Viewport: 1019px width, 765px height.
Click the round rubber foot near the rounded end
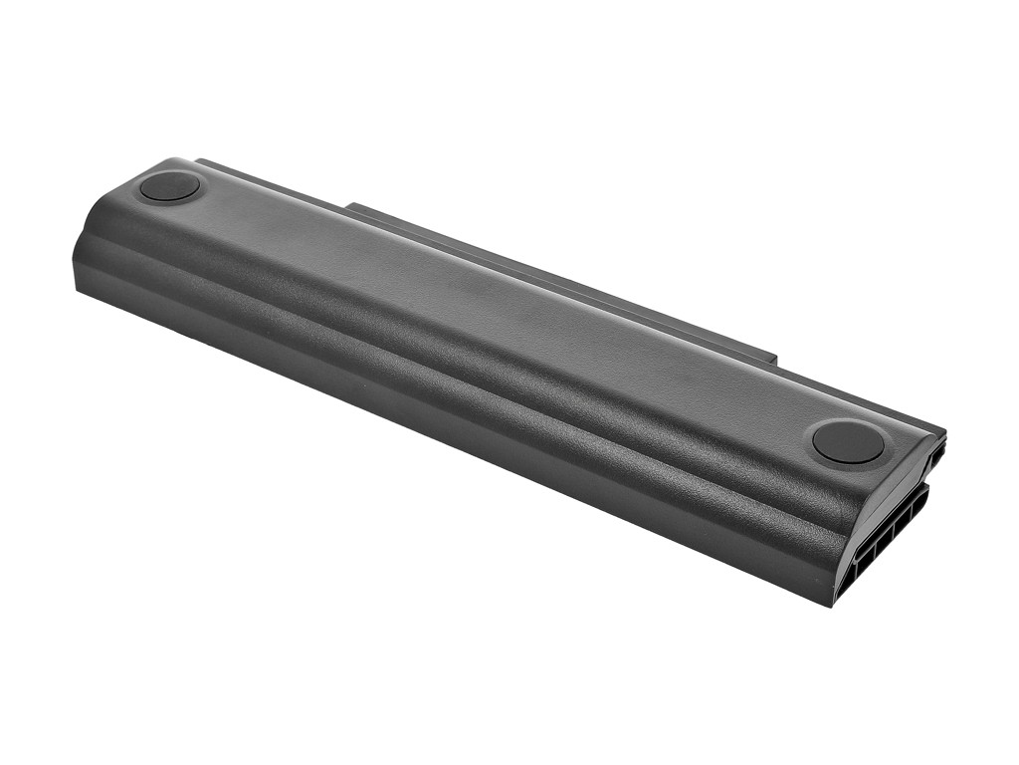(x=169, y=186)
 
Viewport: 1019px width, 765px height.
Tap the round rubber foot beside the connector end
(x=848, y=441)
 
